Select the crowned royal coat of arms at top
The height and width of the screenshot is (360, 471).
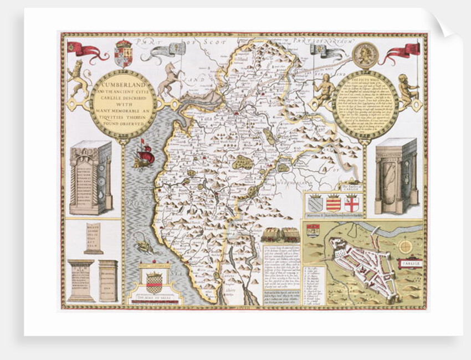pyautogui.click(x=123, y=53)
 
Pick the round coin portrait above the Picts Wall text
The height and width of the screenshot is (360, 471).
pyautogui.click(x=366, y=55)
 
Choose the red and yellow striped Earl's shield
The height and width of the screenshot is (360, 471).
pyautogui.click(x=333, y=203)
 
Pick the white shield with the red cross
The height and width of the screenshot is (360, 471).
pyautogui.click(x=351, y=203)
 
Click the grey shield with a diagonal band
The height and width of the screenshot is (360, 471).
pyautogui.click(x=315, y=203)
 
